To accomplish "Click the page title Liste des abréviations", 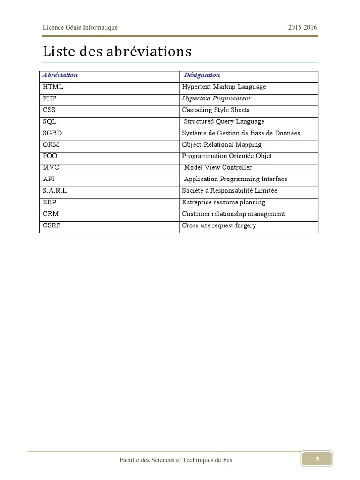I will [117, 51].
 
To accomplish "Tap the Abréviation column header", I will [60, 75].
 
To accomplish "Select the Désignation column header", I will [202, 75].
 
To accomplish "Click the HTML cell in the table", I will [53, 87].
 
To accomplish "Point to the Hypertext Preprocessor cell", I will [217, 98].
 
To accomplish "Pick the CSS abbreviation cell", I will [49, 110].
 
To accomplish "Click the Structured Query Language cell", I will [224, 121].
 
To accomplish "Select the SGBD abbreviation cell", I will [52, 133].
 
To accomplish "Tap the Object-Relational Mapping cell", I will [222, 144].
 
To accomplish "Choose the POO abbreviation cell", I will [50, 156].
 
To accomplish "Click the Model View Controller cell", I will [218, 167].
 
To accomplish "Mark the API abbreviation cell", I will [49, 179].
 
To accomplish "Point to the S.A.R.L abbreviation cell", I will [55, 191].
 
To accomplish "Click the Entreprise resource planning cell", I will [224, 202].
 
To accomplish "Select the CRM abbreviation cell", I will [51, 214].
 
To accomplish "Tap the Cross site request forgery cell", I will [219, 225].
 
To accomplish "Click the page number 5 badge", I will [317, 459].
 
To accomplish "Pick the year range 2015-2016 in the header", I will [302, 27].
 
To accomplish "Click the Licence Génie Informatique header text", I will [80, 27].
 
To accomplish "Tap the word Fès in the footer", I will [227, 460].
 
